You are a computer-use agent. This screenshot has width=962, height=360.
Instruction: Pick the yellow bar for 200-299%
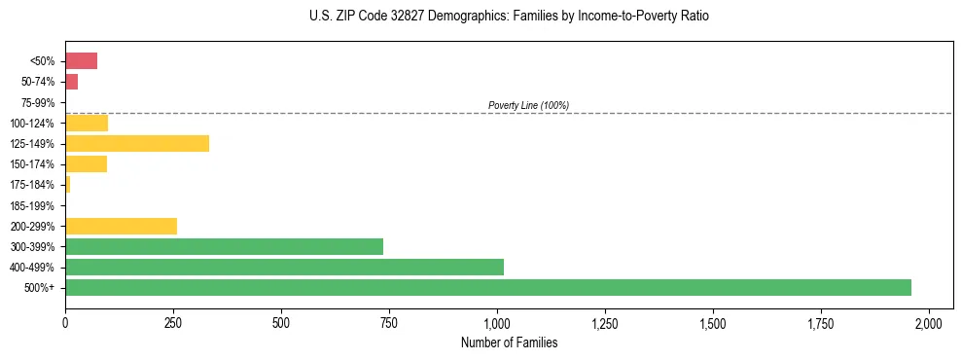(121, 226)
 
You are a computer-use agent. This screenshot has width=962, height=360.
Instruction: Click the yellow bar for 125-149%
(137, 143)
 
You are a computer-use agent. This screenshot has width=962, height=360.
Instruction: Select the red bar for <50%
(81, 61)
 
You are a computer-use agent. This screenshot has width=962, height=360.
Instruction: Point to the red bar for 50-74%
(71, 82)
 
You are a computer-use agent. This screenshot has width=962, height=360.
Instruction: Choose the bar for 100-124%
(87, 123)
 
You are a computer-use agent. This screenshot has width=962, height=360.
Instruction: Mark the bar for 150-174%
(86, 163)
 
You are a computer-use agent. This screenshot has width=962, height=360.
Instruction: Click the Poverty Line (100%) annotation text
(528, 105)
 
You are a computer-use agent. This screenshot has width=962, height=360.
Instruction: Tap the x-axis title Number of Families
(510, 342)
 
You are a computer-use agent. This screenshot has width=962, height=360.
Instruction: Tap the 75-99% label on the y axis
(39, 102)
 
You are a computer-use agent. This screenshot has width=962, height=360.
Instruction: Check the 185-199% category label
(35, 205)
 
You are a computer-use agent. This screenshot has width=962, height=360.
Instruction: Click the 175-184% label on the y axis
(35, 185)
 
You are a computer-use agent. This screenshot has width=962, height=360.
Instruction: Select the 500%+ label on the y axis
(42, 288)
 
